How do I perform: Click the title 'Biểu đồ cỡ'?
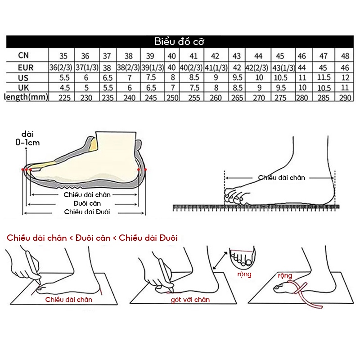point(180,42)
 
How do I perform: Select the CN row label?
point(24,56)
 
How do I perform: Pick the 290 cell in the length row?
point(345,97)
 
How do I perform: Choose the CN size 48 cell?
point(345,56)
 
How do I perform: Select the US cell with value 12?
point(345,77)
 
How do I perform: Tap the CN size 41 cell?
point(193,56)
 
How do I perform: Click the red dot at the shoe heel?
point(145,169)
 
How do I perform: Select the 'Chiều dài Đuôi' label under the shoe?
point(87,212)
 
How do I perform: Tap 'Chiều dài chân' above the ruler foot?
point(282,178)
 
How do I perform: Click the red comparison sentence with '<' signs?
point(92,238)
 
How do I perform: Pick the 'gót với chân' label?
point(190,299)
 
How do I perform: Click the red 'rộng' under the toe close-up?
point(245,274)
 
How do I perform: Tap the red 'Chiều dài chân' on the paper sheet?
point(69,299)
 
